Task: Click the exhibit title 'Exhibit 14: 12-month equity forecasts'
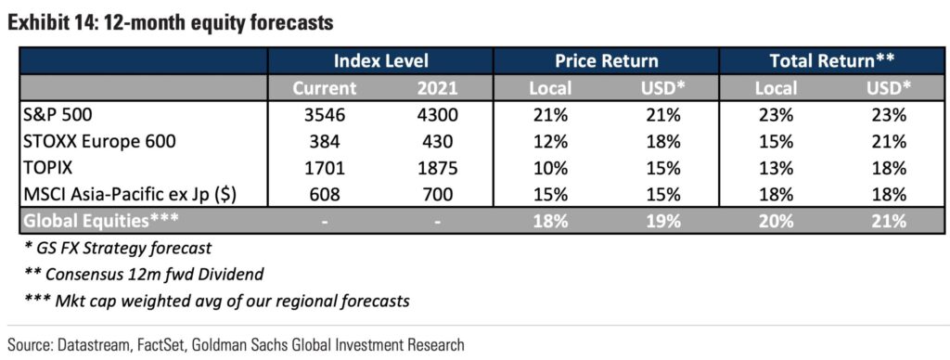[171, 23]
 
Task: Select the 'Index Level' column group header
[381, 60]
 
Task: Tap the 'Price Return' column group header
[607, 60]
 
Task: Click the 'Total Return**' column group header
[832, 60]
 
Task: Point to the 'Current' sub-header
[325, 88]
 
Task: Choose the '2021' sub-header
[438, 88]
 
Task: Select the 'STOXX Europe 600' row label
[100, 142]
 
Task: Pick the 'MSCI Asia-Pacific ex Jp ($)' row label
[129, 195]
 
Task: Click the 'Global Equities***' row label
[100, 221]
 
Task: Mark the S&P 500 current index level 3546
[325, 115]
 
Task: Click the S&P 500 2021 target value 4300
[438, 115]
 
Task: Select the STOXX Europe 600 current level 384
[325, 142]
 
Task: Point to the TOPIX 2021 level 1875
[438, 168]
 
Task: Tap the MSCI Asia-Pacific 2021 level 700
[438, 195]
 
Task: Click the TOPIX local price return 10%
[550, 168]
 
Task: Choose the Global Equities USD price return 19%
[662, 221]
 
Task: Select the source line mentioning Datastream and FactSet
[236, 345]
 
